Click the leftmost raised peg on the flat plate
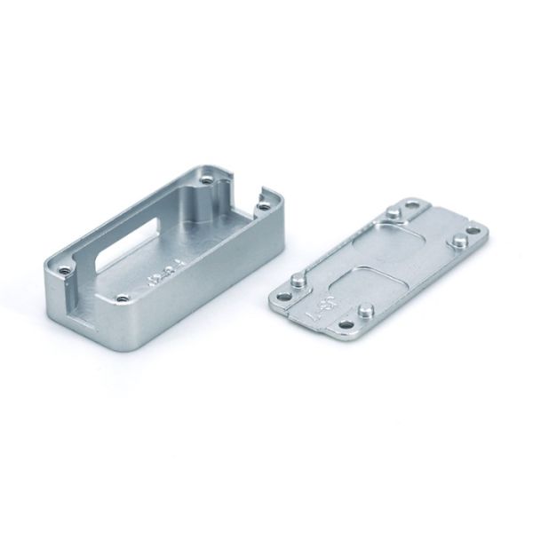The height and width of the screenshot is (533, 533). point(298,281)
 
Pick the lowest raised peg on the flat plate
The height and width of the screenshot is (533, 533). point(365,311)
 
